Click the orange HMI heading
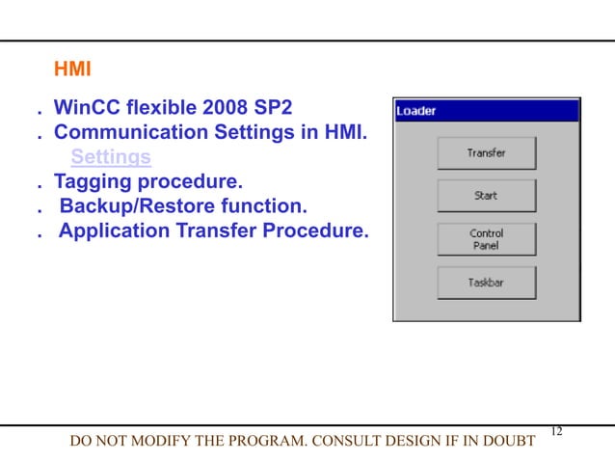(x=71, y=69)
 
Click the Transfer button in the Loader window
(x=486, y=153)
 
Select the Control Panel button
(x=486, y=239)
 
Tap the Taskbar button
(x=486, y=284)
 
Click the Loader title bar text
(x=416, y=111)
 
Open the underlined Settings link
(x=111, y=156)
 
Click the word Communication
(x=128, y=131)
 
